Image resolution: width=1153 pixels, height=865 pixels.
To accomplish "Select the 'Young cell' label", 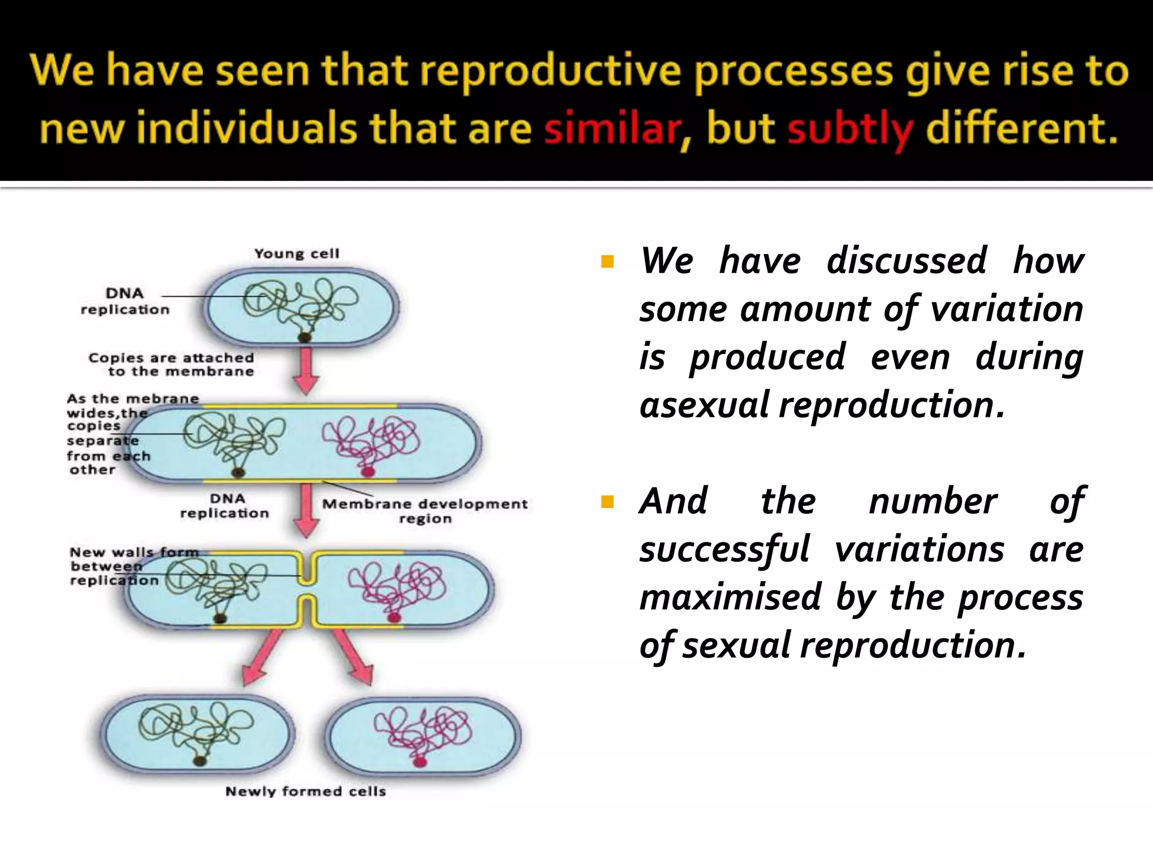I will pos(297,253).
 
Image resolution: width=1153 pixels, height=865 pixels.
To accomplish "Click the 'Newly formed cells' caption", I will pos(306,791).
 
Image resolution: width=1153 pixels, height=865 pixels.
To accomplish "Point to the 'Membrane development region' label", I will pos(425,510).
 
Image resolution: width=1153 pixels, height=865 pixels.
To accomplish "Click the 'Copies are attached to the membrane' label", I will pos(172,364).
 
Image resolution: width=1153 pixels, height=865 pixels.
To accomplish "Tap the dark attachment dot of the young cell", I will pos(305,337).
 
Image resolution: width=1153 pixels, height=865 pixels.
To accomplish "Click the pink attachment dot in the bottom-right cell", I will pos(419,763).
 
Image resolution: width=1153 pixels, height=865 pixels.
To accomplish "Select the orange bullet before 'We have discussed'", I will pos(607,261).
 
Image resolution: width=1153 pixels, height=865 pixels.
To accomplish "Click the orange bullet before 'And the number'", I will pos(607,501).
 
